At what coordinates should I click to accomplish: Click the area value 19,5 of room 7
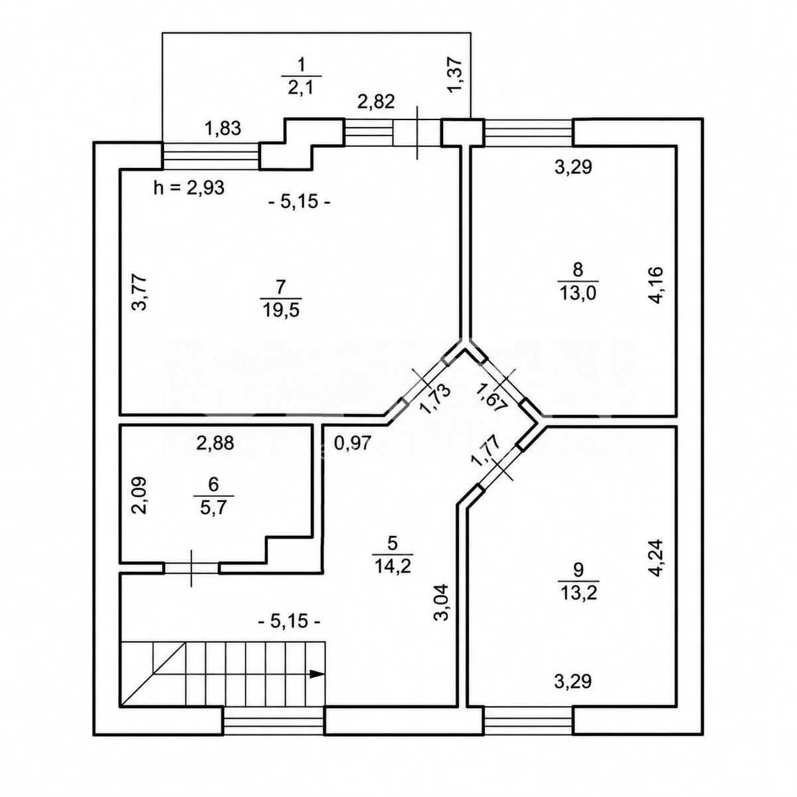281,310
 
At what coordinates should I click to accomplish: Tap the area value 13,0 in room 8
578,294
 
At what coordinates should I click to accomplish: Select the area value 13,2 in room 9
579,594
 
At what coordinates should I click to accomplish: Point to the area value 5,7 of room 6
213,507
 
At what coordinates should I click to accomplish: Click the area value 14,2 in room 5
393,566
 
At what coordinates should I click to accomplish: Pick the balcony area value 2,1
301,88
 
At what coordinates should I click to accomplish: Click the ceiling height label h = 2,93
189,188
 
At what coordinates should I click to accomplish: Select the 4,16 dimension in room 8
656,286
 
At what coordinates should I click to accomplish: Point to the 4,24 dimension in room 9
656,558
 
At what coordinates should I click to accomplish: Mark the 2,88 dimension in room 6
215,443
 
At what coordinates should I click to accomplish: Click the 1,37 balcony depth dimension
456,75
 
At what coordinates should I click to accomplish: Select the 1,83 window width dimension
223,129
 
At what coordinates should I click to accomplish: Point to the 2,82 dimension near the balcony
376,102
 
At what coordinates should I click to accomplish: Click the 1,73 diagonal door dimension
435,399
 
